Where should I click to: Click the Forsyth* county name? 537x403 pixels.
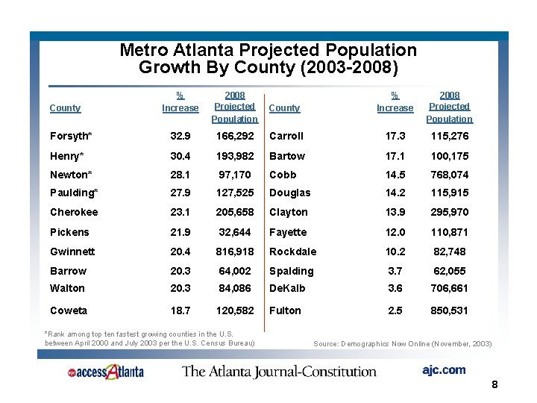point(71,137)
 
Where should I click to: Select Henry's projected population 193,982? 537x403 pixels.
point(235,156)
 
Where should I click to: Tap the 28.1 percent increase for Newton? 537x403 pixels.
point(180,175)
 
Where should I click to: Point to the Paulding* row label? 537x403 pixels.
point(74,193)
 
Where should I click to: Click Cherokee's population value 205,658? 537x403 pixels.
point(235,212)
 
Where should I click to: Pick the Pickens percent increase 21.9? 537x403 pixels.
point(180,232)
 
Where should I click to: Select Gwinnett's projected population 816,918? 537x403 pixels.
point(235,252)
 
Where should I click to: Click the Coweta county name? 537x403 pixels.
point(69,310)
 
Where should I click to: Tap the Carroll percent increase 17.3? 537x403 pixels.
point(395,137)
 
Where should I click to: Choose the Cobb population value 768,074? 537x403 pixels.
point(450,175)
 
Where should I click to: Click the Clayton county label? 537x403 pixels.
point(288,212)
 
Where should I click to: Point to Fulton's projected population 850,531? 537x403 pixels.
point(450,310)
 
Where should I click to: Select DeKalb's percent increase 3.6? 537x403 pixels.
point(395,288)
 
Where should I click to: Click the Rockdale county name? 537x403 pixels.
point(292,252)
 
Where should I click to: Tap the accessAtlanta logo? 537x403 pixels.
point(105,371)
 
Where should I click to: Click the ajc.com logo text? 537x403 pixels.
point(443,369)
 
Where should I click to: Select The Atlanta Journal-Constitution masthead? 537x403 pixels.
point(279,371)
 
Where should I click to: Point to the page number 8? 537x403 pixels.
point(494,385)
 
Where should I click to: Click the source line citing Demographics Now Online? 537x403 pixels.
point(403,343)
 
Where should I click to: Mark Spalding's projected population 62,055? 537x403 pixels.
point(450,271)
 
